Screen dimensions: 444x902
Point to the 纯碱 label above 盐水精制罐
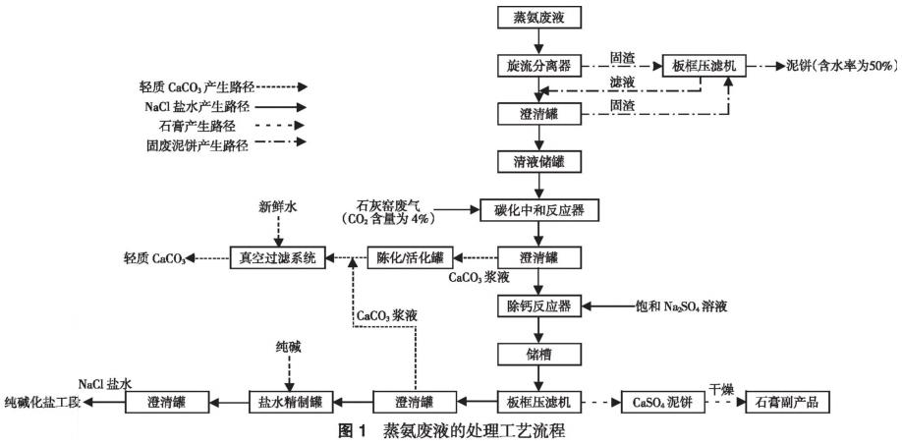coord(286,348)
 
